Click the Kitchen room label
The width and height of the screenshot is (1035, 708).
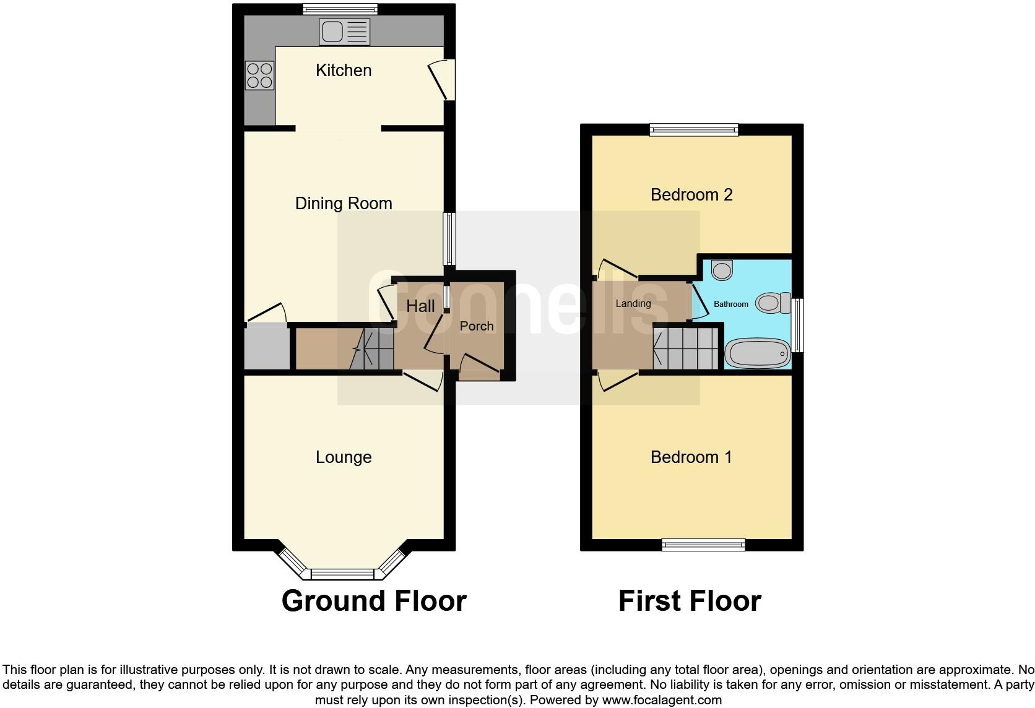(x=344, y=71)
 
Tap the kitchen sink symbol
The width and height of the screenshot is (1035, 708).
(x=344, y=32)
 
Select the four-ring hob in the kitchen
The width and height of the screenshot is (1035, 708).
(x=259, y=76)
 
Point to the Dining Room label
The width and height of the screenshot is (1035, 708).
(x=344, y=204)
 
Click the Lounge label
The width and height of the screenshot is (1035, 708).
(x=344, y=457)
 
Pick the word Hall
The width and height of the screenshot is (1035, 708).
(x=420, y=306)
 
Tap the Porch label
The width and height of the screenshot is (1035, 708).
(x=477, y=326)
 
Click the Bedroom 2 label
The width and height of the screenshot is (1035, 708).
(x=691, y=195)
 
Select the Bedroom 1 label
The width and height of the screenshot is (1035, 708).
(x=691, y=457)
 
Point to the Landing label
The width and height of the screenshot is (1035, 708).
(x=633, y=303)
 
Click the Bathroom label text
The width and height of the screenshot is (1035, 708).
(x=731, y=304)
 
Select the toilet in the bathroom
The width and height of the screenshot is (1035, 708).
(x=774, y=303)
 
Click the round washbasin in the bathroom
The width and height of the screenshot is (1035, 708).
(x=722, y=269)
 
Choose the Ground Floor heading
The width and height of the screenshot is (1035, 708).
(x=374, y=601)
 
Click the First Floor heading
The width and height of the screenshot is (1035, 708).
(x=690, y=601)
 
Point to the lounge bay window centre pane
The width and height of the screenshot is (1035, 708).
(x=342, y=574)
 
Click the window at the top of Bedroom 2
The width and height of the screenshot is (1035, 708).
(x=694, y=130)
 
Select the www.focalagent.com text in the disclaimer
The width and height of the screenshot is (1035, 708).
(x=662, y=701)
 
